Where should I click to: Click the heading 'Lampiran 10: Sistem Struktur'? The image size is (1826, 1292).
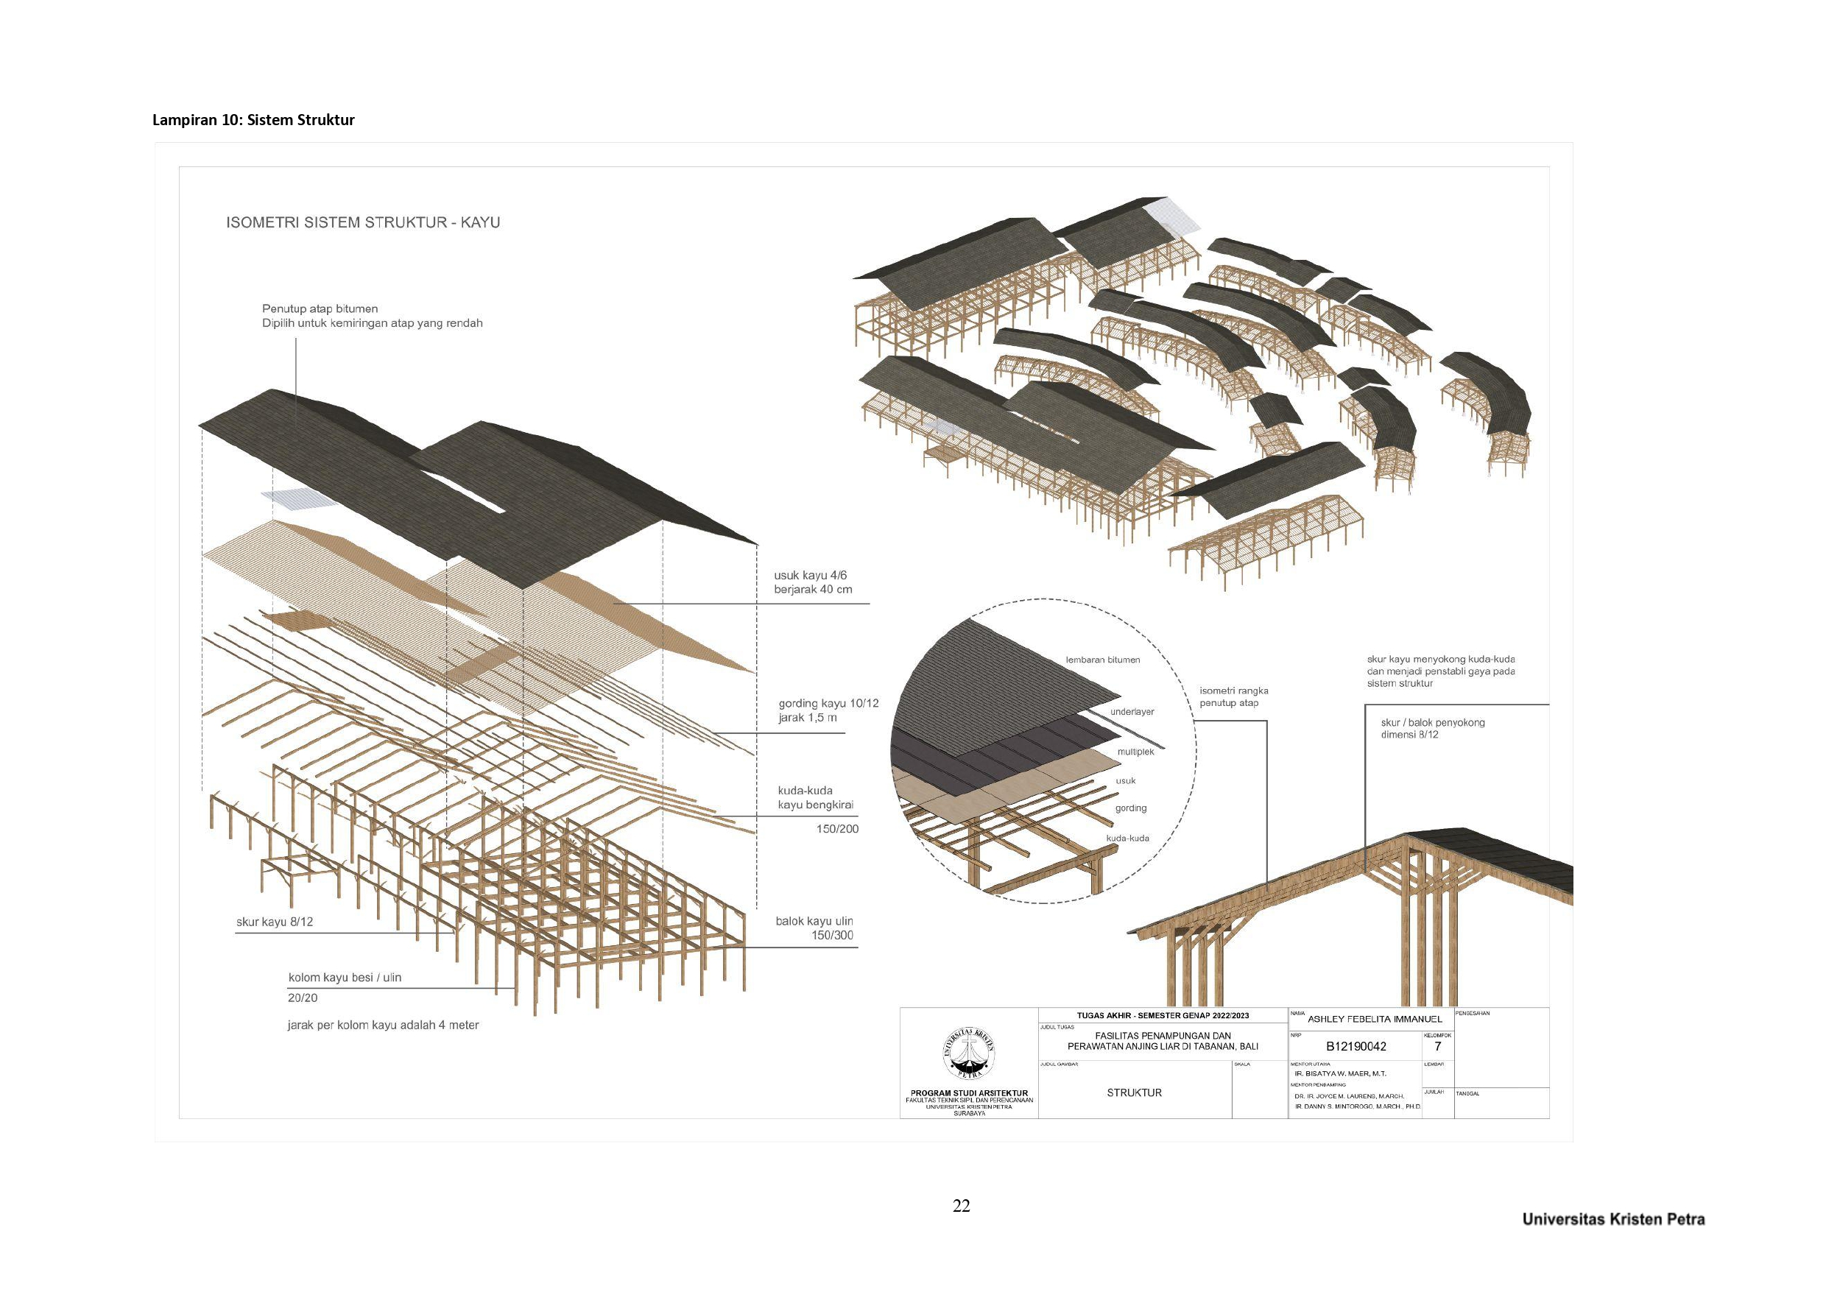[253, 120]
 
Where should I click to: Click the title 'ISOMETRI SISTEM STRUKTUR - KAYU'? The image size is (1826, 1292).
[363, 223]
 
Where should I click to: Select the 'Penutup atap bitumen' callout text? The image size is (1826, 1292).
[320, 308]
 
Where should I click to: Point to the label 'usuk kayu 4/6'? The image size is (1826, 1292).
[804, 575]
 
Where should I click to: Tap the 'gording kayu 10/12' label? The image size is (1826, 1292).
[828, 703]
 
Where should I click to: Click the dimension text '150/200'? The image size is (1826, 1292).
[837, 829]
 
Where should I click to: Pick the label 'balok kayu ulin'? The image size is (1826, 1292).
[814, 921]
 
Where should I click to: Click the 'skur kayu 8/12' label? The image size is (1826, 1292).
[275, 922]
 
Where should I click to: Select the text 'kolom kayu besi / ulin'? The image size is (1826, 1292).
[345, 978]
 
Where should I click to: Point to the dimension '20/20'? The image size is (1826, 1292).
[303, 998]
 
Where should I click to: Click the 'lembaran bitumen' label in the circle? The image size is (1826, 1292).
[1103, 660]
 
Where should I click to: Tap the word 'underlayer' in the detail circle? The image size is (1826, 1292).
[1132, 712]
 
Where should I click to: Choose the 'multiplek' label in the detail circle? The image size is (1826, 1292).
[1135, 752]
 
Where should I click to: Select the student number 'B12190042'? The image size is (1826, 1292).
[1356, 1047]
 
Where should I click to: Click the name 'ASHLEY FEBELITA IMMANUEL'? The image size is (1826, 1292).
[1375, 1019]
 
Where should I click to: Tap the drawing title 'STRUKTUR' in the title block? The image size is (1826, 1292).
[1134, 1093]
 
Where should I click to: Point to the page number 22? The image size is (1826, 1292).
[961, 1206]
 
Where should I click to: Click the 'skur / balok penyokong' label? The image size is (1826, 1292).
[1432, 723]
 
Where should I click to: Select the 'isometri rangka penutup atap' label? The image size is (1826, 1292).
[1233, 697]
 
